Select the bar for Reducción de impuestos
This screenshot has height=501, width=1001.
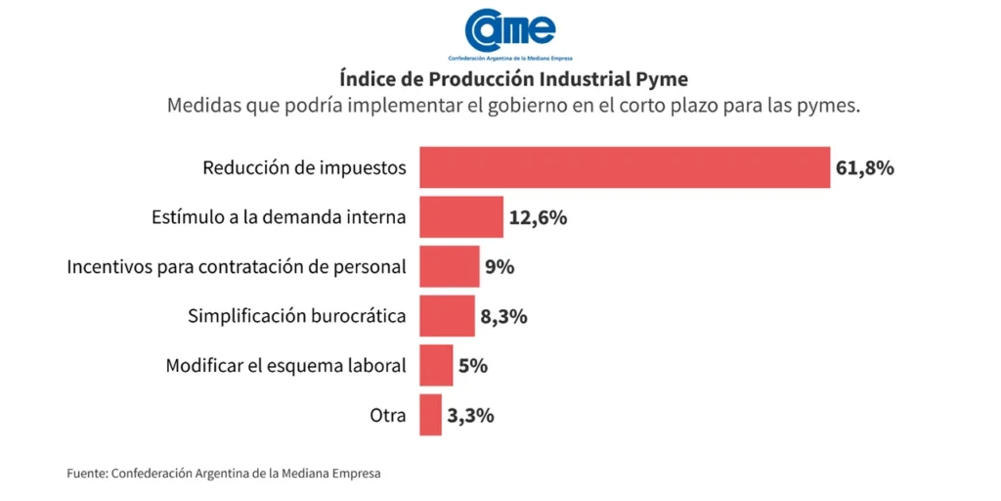[x=624, y=167]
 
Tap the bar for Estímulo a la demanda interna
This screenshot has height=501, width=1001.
[x=460, y=217]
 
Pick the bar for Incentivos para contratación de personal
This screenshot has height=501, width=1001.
[x=449, y=266]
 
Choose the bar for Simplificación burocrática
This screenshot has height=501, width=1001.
[x=447, y=316]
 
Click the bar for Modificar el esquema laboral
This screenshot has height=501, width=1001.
[x=436, y=365]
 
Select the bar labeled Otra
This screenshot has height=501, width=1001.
[x=430, y=415]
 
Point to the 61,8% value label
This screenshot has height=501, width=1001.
[x=864, y=167]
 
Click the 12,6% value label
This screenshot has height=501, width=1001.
[x=538, y=217]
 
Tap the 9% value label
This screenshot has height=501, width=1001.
[x=500, y=266]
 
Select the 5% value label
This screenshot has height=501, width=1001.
[x=473, y=365]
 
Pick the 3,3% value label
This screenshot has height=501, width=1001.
[x=470, y=415]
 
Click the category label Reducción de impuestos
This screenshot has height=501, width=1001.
[x=304, y=167]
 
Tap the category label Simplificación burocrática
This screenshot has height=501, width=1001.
[x=296, y=316]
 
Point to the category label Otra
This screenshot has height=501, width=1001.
[x=387, y=415]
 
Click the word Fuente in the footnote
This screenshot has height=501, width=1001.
[x=87, y=474]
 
